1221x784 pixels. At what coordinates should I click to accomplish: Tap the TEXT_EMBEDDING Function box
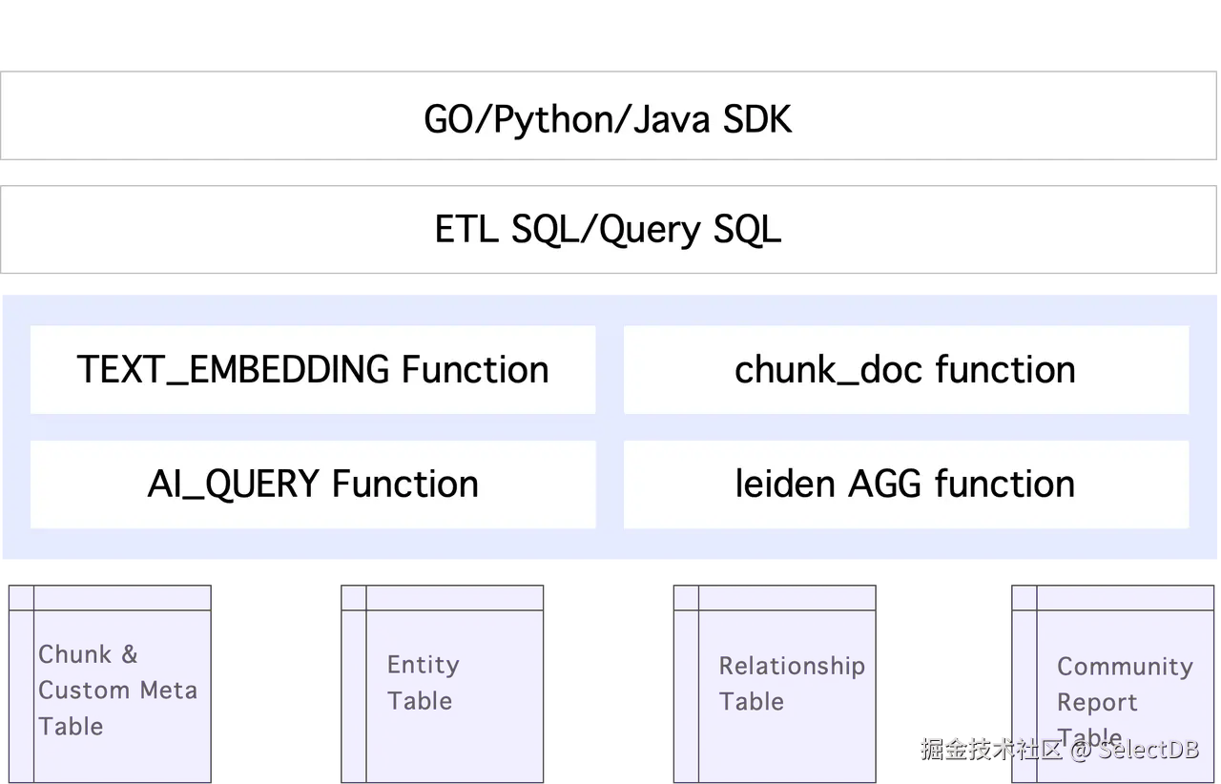pos(313,370)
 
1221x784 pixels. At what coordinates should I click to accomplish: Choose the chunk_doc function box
pos(905,370)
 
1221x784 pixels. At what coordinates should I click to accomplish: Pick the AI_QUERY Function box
pos(313,485)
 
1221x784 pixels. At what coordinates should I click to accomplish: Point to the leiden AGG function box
pos(905,485)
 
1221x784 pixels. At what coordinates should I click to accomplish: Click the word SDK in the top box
pos(757,120)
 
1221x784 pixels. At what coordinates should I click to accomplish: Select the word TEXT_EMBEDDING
pos(234,370)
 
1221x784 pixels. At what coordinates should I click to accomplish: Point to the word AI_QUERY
pos(234,485)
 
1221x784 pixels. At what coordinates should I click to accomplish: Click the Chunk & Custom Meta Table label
pos(116,691)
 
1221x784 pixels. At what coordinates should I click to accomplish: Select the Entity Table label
pos(423,683)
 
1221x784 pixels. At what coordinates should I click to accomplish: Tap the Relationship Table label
pos(791,684)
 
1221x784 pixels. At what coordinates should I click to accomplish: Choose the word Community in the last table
pos(1126,667)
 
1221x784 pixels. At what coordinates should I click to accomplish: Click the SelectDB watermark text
pos(1148,749)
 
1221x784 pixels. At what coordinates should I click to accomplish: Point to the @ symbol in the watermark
pos(1079,749)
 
